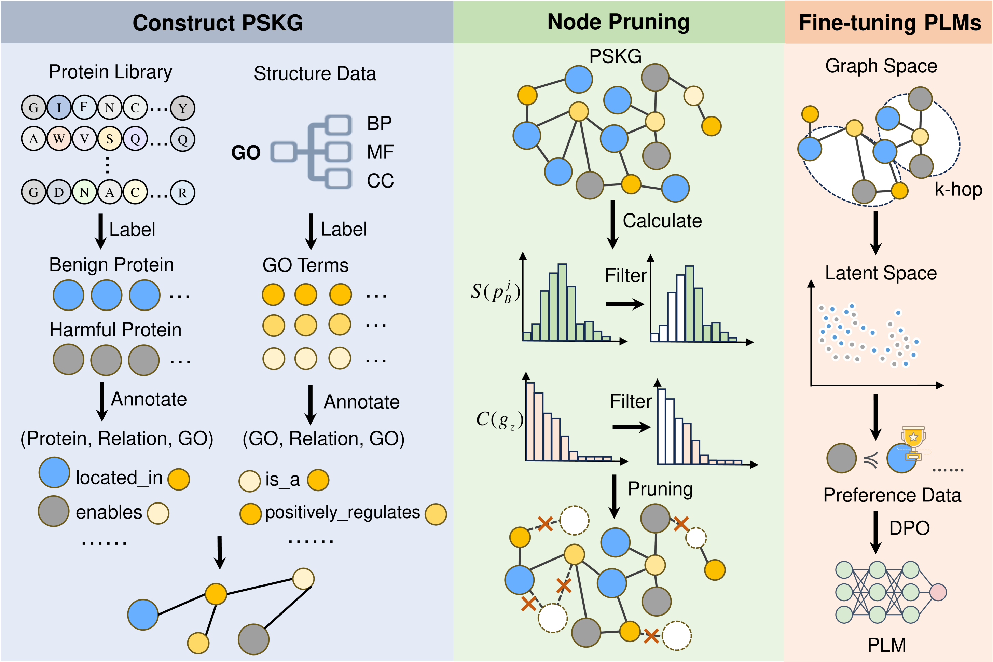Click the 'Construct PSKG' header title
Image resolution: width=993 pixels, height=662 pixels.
click(x=218, y=23)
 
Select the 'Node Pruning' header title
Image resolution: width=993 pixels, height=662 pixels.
click(x=618, y=22)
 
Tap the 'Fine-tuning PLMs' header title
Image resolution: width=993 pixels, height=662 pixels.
click(x=890, y=23)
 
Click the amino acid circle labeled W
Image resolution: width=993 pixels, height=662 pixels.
click(x=59, y=139)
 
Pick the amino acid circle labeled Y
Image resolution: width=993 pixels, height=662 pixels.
click(x=182, y=108)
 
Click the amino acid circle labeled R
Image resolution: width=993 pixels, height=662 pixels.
click(x=182, y=193)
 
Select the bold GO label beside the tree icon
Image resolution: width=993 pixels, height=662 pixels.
click(x=246, y=153)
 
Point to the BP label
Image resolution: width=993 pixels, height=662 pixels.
click(x=379, y=124)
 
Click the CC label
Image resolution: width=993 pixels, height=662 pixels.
click(x=380, y=181)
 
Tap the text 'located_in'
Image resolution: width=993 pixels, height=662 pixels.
click(x=119, y=478)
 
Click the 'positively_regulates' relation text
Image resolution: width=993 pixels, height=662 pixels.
click(x=342, y=512)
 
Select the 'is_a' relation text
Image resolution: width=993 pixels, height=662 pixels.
click(x=282, y=480)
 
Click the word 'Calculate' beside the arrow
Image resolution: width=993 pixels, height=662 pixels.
click(x=662, y=221)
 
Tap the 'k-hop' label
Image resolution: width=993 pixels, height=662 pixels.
click(x=958, y=190)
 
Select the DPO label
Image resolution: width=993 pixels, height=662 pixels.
click(x=909, y=528)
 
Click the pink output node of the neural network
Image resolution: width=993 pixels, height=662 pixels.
click(x=938, y=592)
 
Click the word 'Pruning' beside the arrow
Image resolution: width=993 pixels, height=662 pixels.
click(x=660, y=489)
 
